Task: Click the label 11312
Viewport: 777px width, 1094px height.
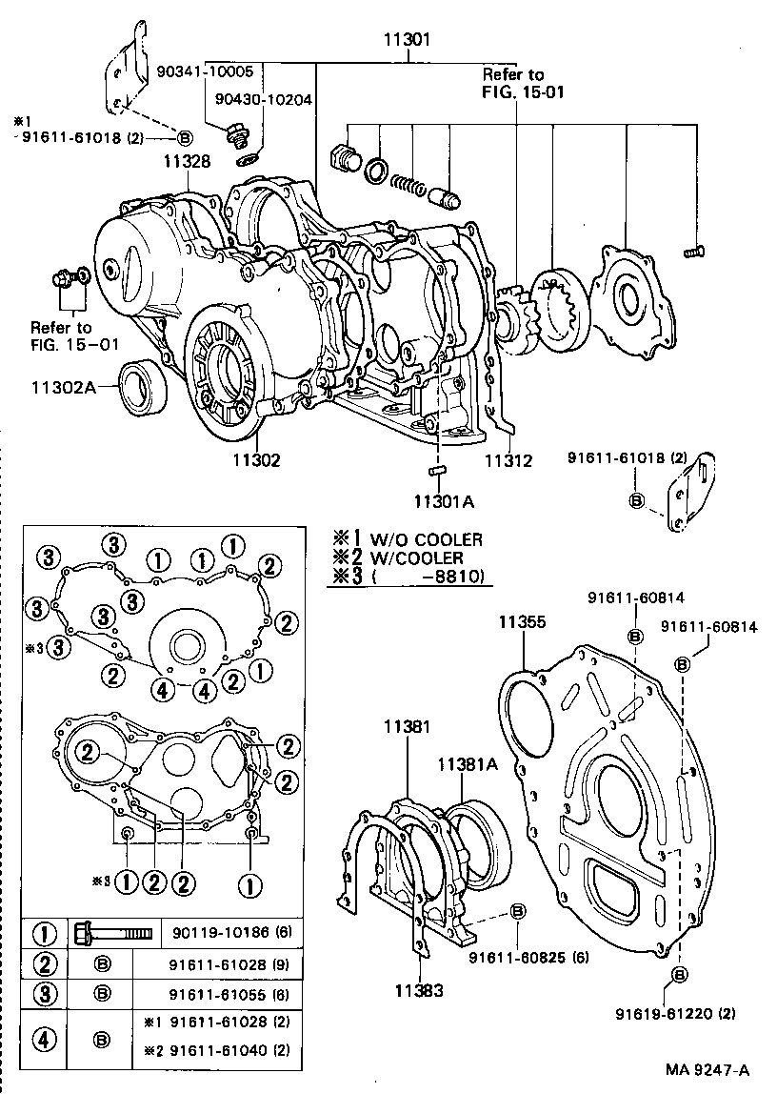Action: click(508, 460)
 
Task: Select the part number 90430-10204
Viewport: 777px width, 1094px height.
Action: click(264, 98)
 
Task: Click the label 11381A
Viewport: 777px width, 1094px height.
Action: click(468, 764)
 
